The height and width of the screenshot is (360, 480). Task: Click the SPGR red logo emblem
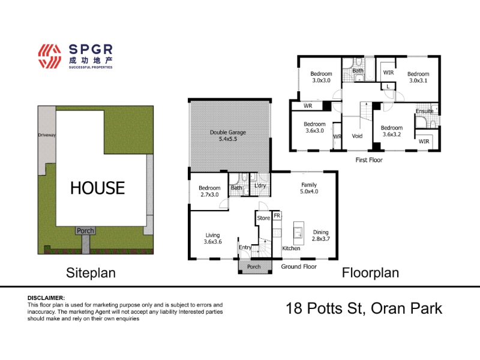50,56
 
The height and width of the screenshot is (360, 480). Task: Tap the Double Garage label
228,136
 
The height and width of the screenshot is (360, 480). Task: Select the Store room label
263,218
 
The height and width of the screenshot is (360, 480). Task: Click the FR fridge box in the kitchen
277,215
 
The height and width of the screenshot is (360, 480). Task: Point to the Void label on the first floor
357,136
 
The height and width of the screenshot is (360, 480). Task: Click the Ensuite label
424,111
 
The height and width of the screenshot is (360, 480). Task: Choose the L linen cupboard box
388,86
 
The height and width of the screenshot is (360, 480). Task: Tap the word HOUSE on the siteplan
98,188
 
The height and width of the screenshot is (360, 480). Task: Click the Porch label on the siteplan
85,230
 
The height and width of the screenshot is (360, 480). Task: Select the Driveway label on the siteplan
47,135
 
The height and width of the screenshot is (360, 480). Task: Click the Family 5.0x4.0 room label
309,188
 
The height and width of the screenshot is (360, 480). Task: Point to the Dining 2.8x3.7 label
321,235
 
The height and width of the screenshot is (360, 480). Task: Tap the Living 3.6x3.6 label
213,238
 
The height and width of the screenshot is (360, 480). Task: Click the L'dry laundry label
260,185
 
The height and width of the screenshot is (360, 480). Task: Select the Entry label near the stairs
245,247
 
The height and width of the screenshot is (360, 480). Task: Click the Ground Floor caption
299,266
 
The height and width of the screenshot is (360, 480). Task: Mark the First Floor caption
369,160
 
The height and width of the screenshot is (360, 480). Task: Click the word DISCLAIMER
46,298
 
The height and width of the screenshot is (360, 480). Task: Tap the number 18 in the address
294,308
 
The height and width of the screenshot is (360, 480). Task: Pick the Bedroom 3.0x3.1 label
418,77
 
